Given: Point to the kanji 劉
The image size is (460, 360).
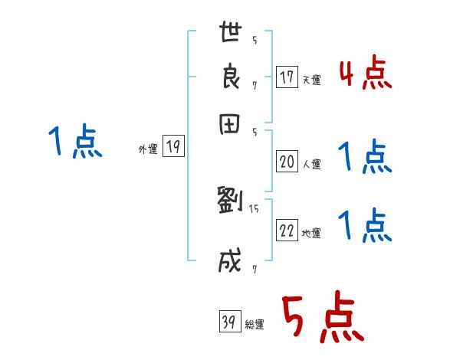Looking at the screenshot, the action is tap(230, 201).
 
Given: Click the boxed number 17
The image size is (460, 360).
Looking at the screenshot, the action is tap(287, 77).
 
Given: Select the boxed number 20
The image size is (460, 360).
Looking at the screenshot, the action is tap(287, 161).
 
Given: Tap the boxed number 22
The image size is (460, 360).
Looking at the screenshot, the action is tap(287, 231).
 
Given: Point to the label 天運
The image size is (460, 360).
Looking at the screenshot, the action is tap(311, 80).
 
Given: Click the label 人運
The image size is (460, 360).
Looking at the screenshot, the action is tap(311, 163).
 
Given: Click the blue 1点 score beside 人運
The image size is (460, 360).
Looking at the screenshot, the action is tap(365, 158).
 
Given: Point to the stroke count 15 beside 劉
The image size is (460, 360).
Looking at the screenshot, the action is tap(254, 208).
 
